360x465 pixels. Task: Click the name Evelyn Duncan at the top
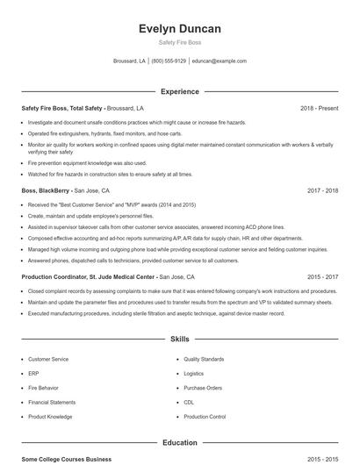coord(179,29)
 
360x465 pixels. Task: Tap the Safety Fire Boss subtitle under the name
coord(179,43)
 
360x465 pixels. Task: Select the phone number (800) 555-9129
coord(169,61)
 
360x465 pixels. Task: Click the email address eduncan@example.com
coord(219,61)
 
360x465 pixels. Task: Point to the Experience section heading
coord(179,91)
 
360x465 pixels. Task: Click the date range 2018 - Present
coord(319,108)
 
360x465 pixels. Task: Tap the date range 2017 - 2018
coord(322,190)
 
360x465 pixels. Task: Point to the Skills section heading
coord(179,339)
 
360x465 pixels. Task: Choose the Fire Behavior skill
coord(45,388)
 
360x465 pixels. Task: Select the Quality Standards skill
coord(204,360)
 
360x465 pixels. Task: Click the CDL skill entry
coord(190,402)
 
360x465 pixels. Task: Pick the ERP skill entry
coord(33,374)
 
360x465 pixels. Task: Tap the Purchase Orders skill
coord(203,388)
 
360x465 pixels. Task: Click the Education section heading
coord(179,443)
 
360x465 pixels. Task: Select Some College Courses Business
coord(67,459)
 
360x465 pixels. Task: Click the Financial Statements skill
coord(52,402)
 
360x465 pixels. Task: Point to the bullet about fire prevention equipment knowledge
coord(87,163)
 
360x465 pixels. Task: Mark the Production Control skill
coord(205,417)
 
